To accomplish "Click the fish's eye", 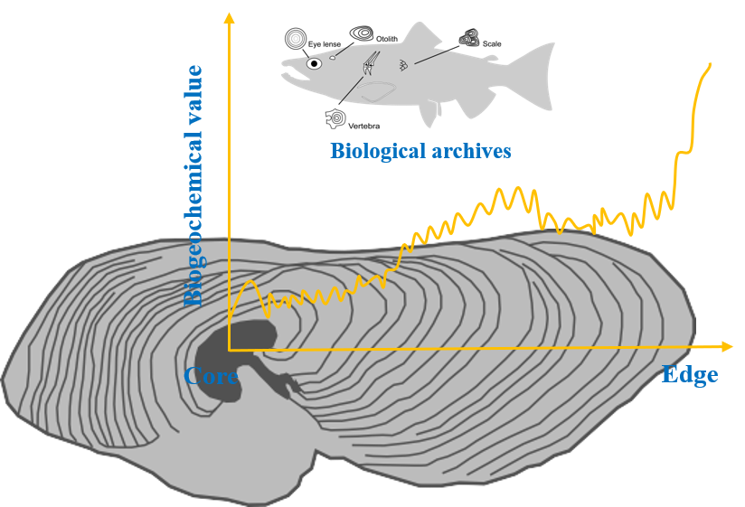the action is point(314,64).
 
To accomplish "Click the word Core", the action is point(212,376).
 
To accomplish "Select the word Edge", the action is point(690,374).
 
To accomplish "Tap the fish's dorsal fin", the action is point(420,37).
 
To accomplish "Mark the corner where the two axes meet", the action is point(230,348).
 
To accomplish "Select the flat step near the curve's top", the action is point(684,151).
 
